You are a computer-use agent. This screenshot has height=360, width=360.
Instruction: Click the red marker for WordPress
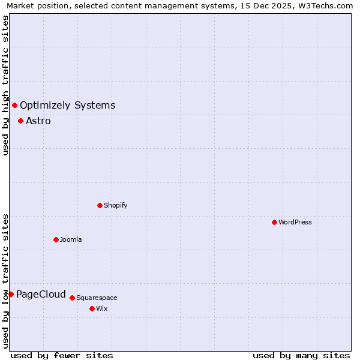tap(274, 222)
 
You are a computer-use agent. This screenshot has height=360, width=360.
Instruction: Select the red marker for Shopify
tap(100, 205)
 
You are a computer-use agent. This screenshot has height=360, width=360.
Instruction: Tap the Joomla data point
tap(56, 239)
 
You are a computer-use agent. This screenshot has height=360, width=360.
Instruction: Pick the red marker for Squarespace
tap(72, 298)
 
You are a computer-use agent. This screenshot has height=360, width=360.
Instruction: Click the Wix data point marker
tap(92, 308)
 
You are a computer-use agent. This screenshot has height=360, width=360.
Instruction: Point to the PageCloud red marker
tap(11, 294)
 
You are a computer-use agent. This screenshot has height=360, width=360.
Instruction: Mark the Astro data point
tap(20, 121)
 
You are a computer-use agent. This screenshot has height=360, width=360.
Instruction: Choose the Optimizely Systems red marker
tap(14, 106)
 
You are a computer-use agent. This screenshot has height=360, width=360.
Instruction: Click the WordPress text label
tap(295, 222)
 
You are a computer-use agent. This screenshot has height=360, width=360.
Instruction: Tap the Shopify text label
tap(116, 205)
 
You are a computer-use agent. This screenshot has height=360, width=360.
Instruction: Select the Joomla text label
tap(71, 239)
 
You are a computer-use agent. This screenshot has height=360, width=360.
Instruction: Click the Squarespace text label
tap(97, 298)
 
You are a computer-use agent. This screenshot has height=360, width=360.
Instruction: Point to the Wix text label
tap(102, 308)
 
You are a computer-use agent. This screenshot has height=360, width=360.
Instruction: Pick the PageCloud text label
tap(41, 294)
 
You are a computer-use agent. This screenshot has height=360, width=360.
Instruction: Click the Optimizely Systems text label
tap(67, 106)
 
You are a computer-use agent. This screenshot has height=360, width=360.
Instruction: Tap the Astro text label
tap(38, 121)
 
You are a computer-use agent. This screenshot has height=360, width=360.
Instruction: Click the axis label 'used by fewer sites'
tap(62, 355)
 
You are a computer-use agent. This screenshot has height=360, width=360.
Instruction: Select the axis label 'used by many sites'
tap(301, 355)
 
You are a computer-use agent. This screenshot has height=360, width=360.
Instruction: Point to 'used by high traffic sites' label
tap(6, 85)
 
